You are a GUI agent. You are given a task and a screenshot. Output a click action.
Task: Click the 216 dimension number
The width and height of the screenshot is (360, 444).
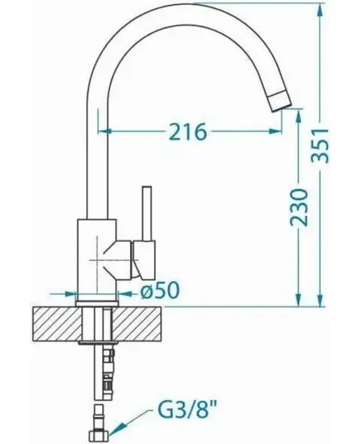click(x=187, y=131)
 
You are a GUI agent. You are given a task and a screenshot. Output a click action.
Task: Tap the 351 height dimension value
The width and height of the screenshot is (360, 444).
click(x=320, y=146)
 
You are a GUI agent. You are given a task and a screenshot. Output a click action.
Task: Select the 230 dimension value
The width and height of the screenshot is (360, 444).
click(x=299, y=208)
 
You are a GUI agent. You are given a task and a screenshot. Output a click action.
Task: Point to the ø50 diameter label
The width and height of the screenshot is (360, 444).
click(x=161, y=290)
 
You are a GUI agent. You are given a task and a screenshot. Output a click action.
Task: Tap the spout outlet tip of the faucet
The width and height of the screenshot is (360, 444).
click(x=281, y=101)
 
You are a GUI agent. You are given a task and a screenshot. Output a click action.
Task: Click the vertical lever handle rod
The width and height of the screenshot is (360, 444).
click(x=146, y=214)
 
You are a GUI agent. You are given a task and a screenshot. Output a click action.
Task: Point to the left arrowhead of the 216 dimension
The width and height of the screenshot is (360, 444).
click(x=105, y=131)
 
